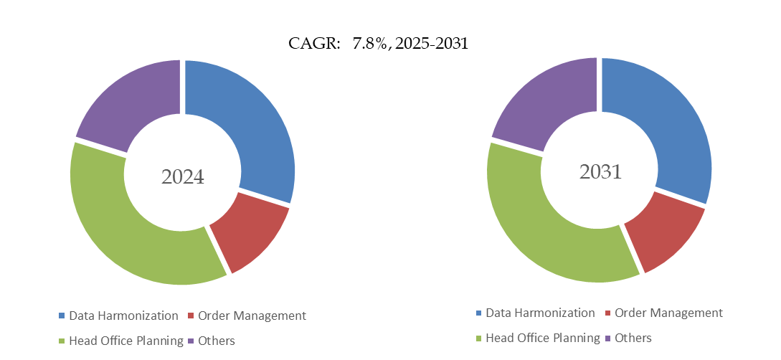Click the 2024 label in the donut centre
182,176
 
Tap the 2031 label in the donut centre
600,172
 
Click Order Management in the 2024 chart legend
252,316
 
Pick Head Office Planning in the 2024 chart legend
126,341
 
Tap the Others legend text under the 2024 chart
217,341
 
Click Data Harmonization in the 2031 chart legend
540,313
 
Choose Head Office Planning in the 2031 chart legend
542,338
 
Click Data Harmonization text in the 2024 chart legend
123,316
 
